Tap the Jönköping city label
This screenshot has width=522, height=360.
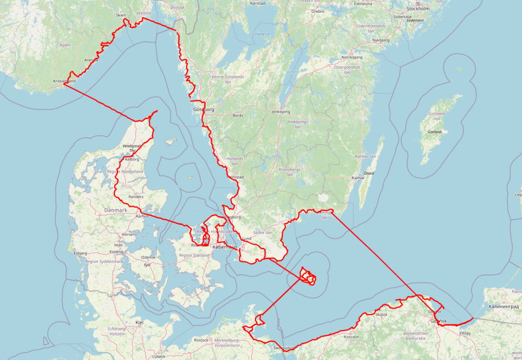281,111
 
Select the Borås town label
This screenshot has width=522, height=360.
238,115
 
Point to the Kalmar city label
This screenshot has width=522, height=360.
358,178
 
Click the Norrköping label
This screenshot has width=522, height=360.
352,57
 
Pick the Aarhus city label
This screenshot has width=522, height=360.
142,216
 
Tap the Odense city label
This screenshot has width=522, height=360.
148,257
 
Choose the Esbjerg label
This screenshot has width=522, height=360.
81,253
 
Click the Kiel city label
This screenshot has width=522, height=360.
139,322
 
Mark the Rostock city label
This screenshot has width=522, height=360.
201,340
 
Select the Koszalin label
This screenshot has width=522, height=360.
352,337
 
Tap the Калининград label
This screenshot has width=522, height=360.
503,307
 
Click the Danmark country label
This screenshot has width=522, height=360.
115,210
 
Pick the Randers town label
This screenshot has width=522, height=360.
136,196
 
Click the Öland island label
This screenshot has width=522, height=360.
368,173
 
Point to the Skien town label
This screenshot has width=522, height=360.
121,15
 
